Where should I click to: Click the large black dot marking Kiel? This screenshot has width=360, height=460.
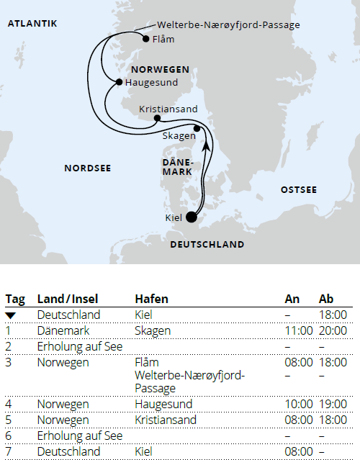(192, 216)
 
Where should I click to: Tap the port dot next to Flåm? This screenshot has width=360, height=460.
(146, 39)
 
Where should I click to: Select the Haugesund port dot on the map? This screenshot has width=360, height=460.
(119, 82)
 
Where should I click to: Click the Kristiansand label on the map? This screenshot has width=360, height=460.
(168, 109)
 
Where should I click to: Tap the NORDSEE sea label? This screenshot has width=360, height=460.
(87, 168)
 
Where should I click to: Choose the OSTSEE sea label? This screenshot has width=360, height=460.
(298, 189)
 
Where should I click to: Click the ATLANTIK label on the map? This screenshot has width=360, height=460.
(32, 24)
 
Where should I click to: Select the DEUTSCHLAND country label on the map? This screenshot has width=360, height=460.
(207, 245)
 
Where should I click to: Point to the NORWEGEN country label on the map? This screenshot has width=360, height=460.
(161, 70)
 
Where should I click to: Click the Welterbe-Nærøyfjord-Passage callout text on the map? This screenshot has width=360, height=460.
(228, 25)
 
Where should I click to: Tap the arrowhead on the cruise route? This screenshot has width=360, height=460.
(207, 146)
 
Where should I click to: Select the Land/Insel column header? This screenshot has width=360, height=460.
(68, 299)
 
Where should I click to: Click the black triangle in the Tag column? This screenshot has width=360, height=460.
(10, 315)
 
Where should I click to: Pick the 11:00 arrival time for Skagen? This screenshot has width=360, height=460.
(299, 330)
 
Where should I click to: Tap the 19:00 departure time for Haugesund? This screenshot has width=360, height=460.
(333, 405)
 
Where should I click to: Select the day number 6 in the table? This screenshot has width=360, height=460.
(8, 436)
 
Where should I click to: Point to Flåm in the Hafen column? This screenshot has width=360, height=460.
(147, 362)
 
